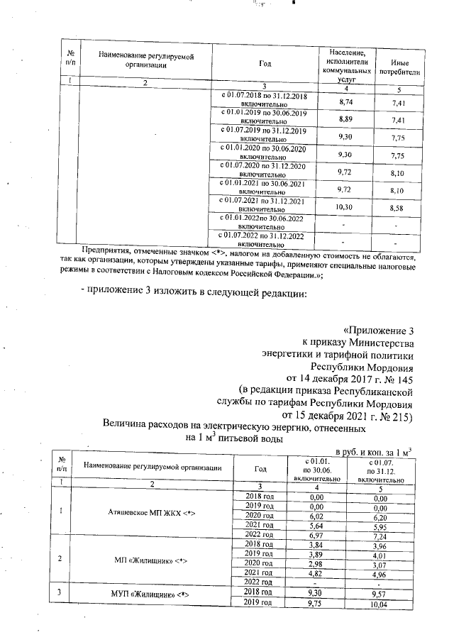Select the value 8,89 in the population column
pos(345,118)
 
